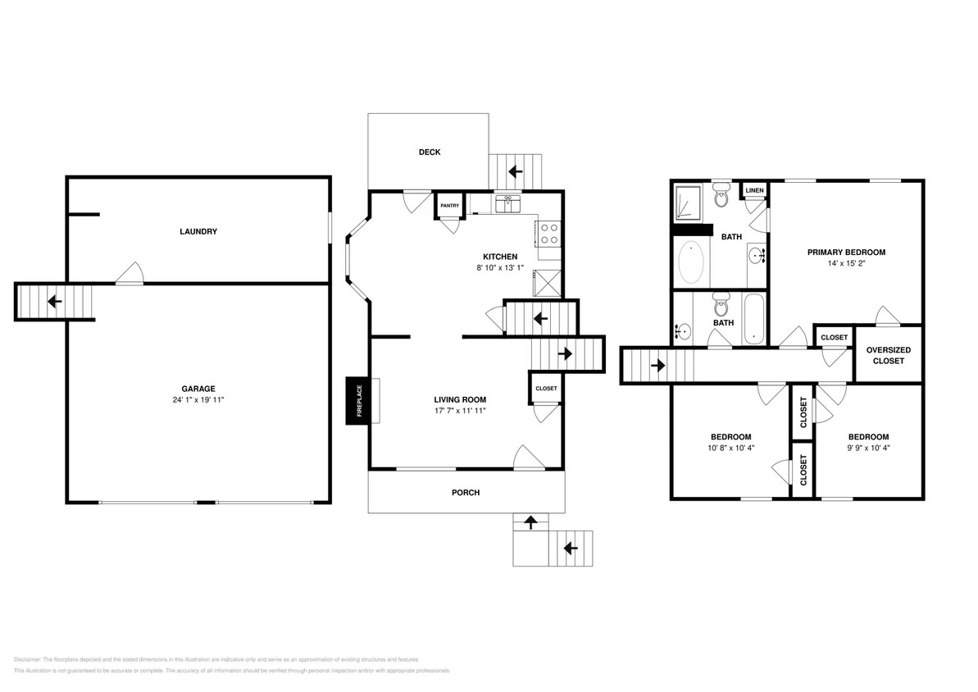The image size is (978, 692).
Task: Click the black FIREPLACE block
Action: pos(357,400)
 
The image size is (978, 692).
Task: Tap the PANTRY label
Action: pos(449,206)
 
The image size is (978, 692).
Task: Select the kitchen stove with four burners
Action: pos(548,234)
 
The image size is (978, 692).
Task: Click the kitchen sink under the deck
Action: pos(509,202)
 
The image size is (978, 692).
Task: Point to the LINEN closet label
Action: pos(754,191)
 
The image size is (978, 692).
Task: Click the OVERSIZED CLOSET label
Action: pos(889,355)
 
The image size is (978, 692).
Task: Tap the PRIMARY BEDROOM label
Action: pos(846,253)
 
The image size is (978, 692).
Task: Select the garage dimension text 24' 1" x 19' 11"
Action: pos(198,400)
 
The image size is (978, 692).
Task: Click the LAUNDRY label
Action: pos(198,231)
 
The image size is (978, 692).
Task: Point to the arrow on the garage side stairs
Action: pos(54,301)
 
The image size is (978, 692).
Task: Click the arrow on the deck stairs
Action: pos(516,171)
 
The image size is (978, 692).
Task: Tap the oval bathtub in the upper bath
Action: pos(691,262)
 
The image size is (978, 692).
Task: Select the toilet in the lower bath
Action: pos(721,307)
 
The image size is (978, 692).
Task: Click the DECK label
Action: pos(430,152)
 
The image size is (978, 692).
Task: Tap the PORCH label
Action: pos(466,493)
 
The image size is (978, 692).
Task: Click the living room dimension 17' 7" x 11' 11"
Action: pos(460,411)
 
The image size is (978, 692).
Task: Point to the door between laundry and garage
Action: pos(129,276)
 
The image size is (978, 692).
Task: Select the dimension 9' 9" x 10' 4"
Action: pos(868,448)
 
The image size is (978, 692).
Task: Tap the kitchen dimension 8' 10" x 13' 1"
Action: pos(499,268)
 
